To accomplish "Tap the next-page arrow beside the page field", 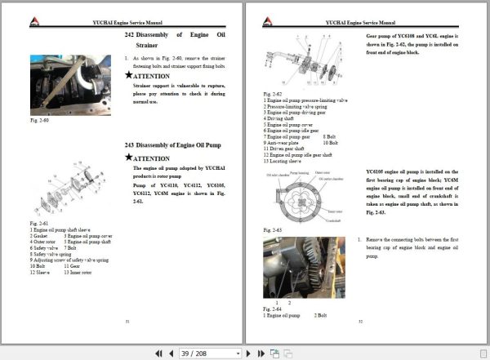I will (x=249, y=353).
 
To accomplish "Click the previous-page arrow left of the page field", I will (x=170, y=353).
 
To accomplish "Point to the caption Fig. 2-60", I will (x=40, y=120).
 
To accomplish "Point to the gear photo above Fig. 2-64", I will (x=292, y=269).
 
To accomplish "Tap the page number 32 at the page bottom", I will (x=360, y=322).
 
